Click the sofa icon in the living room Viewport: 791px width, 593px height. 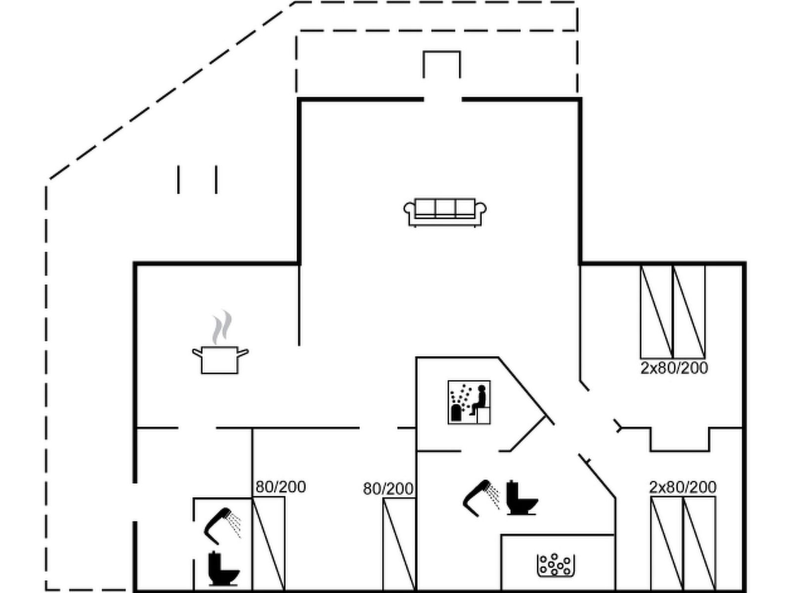tap(445, 212)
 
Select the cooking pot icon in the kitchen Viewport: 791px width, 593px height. tap(220, 360)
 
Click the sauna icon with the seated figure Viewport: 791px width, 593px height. tap(469, 402)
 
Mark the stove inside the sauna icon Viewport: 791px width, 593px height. tap(456, 413)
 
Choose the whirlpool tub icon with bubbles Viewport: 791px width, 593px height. tap(556, 565)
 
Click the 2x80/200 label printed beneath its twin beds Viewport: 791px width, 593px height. tap(674, 368)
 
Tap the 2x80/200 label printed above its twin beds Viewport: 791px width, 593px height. tap(683, 487)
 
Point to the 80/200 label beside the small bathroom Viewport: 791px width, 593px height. tap(280, 487)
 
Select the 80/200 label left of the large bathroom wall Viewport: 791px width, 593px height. tap(388, 489)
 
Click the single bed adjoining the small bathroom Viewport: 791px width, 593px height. tap(268, 544)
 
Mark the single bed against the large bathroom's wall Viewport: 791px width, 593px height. tap(399, 544)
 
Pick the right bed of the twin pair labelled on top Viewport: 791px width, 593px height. tap(699, 544)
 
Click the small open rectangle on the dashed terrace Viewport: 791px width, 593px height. tap(441, 64)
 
